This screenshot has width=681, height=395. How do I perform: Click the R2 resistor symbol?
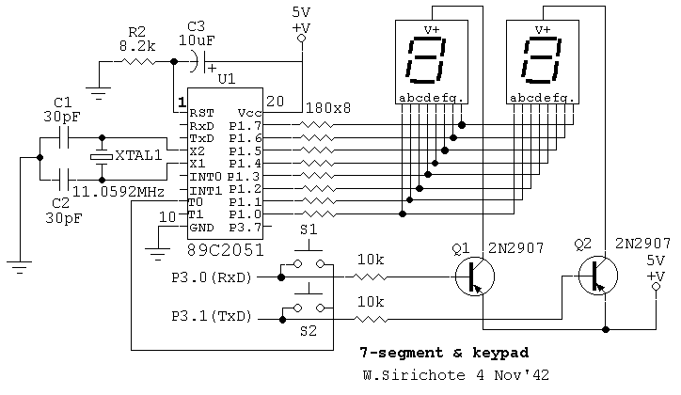[137, 62]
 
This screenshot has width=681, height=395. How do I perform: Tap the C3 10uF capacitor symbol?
[198, 62]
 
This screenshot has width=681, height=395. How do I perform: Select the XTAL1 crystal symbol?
[102, 157]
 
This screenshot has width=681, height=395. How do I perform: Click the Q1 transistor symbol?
[475, 276]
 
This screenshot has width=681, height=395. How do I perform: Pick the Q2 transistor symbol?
[598, 276]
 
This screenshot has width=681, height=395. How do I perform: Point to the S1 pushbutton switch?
[309, 260]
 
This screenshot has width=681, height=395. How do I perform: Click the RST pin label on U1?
[201, 113]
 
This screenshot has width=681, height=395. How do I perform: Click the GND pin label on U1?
[201, 228]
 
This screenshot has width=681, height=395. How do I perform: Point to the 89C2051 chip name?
[225, 249]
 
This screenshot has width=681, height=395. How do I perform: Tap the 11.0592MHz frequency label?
[119, 192]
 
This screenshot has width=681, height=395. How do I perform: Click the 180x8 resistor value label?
[328, 107]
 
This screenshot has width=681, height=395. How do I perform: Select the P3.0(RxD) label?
[212, 277]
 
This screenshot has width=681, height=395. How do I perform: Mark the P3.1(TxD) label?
[212, 316]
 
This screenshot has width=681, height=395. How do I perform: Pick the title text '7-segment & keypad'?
[444, 353]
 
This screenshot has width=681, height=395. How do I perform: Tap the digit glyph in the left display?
[425, 60]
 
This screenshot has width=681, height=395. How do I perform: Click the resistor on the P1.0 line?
[318, 214]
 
